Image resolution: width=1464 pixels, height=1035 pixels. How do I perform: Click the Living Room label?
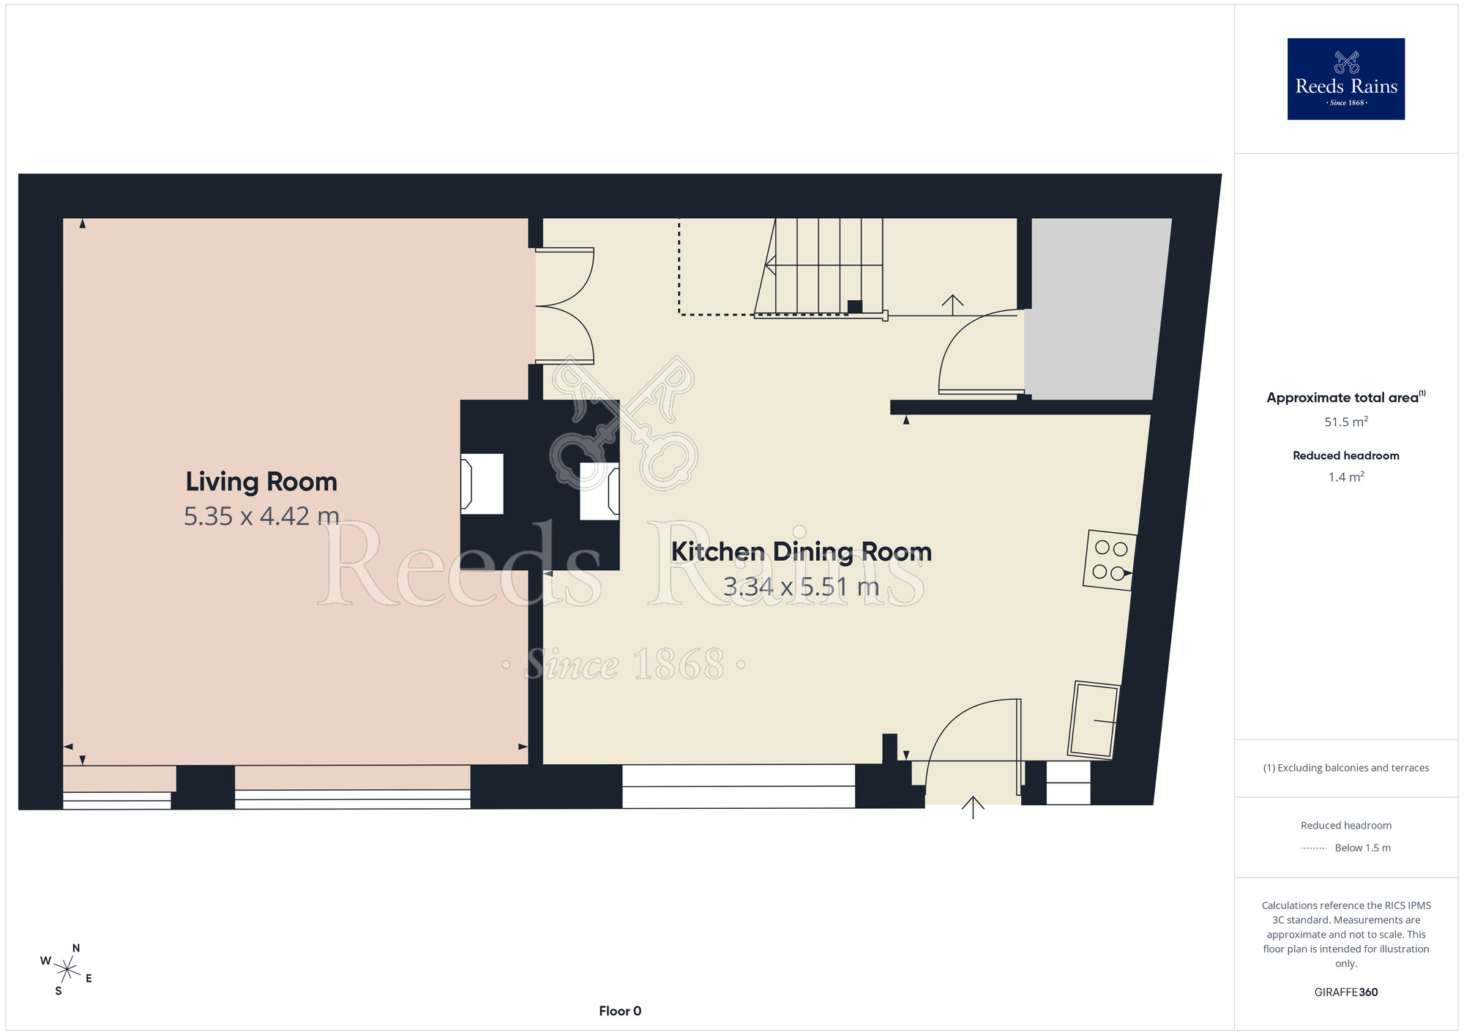pyautogui.click(x=261, y=482)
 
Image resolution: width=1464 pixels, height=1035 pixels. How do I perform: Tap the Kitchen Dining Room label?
pyautogui.click(x=802, y=551)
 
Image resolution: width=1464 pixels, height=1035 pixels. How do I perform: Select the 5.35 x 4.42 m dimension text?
pyautogui.click(x=261, y=516)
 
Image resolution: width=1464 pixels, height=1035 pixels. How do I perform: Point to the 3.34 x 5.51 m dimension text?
pyautogui.click(x=802, y=586)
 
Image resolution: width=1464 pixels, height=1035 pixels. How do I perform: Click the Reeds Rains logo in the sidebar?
pyautogui.click(x=1346, y=79)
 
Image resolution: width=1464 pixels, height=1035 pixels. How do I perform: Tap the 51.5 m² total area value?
pyautogui.click(x=1346, y=422)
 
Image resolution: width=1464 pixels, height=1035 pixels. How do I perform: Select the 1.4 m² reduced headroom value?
pyautogui.click(x=1346, y=477)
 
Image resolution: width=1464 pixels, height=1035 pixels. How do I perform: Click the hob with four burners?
pyautogui.click(x=1110, y=561)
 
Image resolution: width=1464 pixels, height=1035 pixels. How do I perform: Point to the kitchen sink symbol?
pyautogui.click(x=1094, y=720)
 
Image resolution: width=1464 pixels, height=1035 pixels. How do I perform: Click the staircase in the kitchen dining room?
pyautogui.click(x=820, y=268)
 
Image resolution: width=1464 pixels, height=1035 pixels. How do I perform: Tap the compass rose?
pyautogui.click(x=67, y=970)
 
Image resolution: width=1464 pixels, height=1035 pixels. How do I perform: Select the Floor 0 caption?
pyautogui.click(x=620, y=1011)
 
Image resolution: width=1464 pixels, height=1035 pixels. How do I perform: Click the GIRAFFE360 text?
pyautogui.click(x=1346, y=993)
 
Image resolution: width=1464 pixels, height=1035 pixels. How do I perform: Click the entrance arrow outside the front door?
pyautogui.click(x=973, y=807)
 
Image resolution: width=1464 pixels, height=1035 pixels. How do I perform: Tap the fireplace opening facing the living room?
pyautogui.click(x=482, y=484)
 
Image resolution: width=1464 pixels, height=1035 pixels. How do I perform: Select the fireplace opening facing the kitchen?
pyautogui.click(x=600, y=490)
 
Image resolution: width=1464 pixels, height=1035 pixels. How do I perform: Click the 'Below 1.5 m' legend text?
pyautogui.click(x=1362, y=848)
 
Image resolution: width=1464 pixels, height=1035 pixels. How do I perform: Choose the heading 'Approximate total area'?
pyautogui.click(x=1342, y=397)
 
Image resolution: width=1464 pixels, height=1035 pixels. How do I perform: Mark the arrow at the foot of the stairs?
pyautogui.click(x=952, y=305)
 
